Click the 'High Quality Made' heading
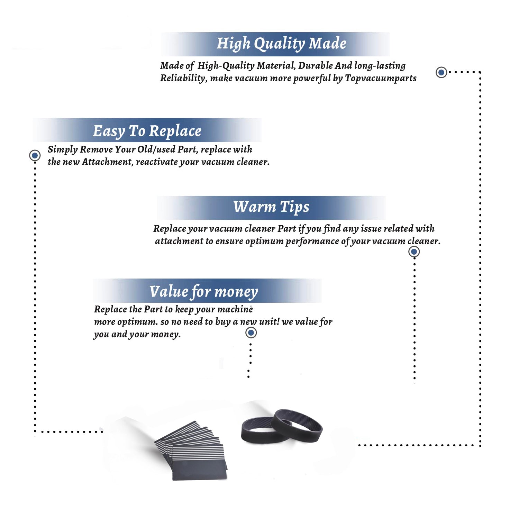(x=281, y=44)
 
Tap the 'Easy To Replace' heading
(x=147, y=131)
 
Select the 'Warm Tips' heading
(x=271, y=207)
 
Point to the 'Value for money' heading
(x=204, y=292)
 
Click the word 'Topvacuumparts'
(x=381, y=79)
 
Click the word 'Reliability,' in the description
(x=184, y=78)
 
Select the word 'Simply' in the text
(x=63, y=149)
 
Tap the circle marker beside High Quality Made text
(x=441, y=72)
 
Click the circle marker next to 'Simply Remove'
(x=35, y=155)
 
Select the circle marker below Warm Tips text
(x=414, y=252)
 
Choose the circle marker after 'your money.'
(x=251, y=333)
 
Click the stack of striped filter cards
(x=191, y=450)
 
